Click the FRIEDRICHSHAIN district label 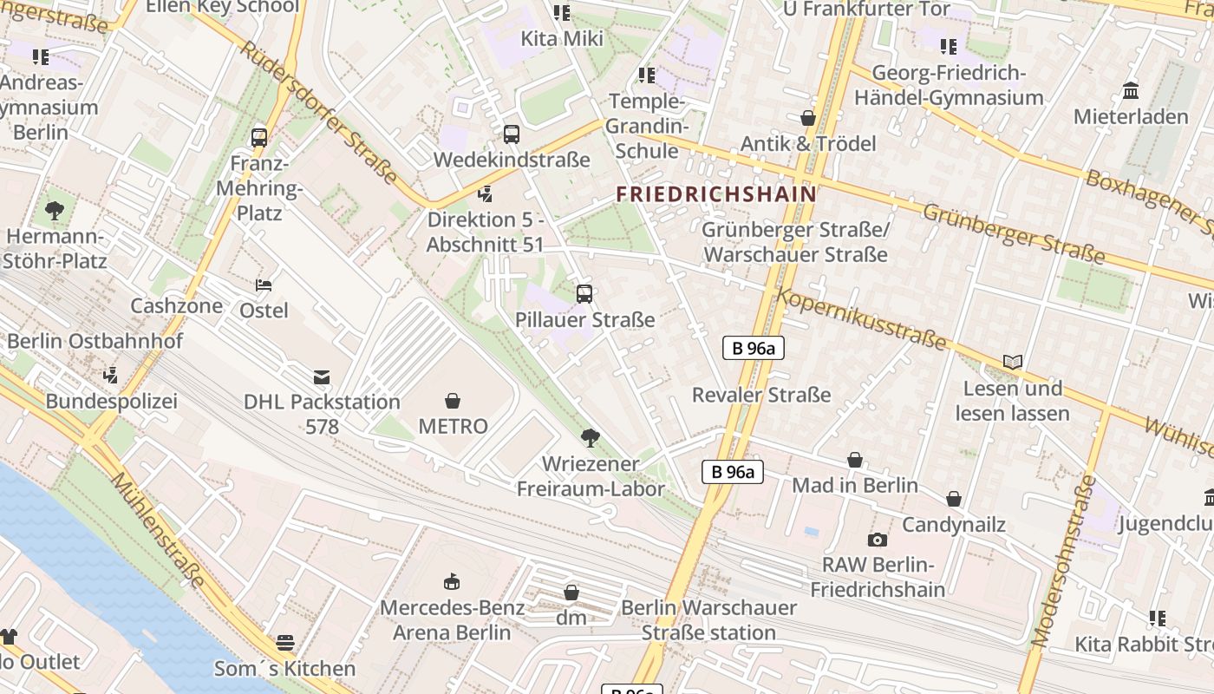[716, 193]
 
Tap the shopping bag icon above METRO [452, 400]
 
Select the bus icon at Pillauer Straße [584, 293]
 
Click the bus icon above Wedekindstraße [512, 134]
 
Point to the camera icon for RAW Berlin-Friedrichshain [878, 540]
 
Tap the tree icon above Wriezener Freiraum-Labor [591, 437]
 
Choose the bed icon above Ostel [264, 285]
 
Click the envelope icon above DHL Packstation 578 [322, 376]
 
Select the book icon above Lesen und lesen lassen [1012, 362]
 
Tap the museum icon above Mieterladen [1131, 90]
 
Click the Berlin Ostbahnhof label [95, 341]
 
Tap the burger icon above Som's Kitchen [285, 643]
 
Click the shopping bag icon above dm [571, 593]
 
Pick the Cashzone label [176, 305]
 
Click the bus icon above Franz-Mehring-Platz [258, 137]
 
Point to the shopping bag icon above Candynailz [954, 499]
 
